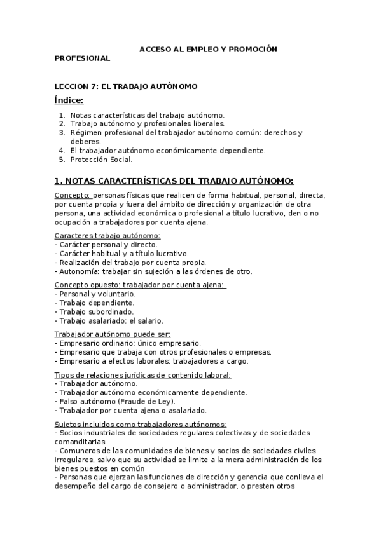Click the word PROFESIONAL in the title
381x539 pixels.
coord(82,58)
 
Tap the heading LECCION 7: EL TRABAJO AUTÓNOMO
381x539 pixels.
coord(126,86)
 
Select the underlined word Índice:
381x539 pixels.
coord(69,100)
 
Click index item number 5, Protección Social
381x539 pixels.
coord(101,160)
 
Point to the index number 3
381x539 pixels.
coord(62,132)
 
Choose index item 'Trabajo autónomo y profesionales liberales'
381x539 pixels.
coord(147,123)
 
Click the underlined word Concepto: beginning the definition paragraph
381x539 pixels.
coord(73,195)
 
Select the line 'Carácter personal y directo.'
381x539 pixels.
coord(108,245)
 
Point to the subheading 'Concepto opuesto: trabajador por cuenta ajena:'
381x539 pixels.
coord(139,285)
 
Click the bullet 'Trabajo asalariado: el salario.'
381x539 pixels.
coord(111,321)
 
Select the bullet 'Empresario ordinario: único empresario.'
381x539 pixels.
coord(129,343)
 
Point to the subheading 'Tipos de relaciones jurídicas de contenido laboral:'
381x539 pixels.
coord(143,375)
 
